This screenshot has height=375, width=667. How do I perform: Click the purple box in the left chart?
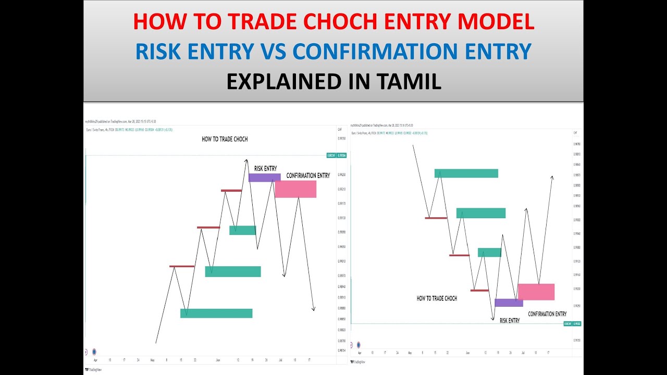click(x=265, y=178)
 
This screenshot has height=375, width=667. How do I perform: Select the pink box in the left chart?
click(x=295, y=189)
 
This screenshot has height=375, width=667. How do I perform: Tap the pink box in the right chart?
click(x=536, y=292)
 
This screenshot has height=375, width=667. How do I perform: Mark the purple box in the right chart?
click(x=509, y=303)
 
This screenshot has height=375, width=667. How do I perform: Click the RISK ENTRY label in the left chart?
click(x=266, y=168)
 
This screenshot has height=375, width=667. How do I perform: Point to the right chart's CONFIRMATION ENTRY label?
click(x=547, y=314)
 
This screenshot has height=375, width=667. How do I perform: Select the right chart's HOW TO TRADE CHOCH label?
click(x=437, y=298)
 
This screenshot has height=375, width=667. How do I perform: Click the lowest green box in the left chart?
click(x=216, y=313)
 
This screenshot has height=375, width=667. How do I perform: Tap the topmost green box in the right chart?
click(x=466, y=173)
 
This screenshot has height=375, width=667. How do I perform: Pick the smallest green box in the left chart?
click(x=243, y=230)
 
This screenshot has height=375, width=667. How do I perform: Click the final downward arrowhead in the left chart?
click(x=313, y=309)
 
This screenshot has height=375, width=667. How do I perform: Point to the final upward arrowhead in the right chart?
click(x=552, y=178)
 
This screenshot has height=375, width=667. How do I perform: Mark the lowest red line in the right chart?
click(x=479, y=290)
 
